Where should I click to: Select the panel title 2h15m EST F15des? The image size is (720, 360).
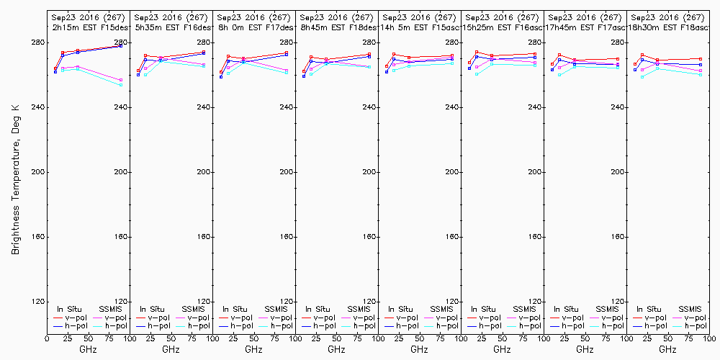[x=89, y=27]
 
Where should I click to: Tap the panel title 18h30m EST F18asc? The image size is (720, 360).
[x=669, y=27]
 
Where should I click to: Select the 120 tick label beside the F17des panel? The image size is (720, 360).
[x=286, y=302]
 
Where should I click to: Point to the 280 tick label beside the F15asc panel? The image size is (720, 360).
[x=451, y=42]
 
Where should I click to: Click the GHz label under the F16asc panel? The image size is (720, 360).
[x=502, y=349]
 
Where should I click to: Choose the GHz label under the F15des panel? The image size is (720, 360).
[x=88, y=349]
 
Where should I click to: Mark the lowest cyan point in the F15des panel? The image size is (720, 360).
[x=120, y=85]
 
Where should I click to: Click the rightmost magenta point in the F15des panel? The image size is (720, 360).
[x=120, y=80]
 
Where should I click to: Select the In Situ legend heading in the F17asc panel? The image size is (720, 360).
[x=567, y=309]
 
